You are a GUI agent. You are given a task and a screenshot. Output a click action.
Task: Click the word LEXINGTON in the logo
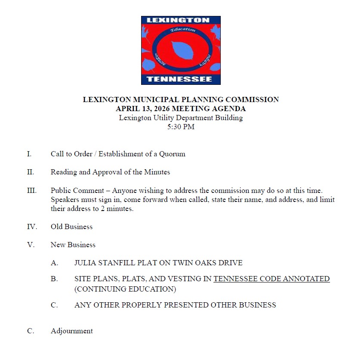181,20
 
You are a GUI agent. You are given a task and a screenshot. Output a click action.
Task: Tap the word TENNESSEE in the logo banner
181,79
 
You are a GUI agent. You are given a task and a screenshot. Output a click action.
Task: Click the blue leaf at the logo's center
180,50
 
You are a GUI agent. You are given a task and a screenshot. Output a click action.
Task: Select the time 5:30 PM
181,127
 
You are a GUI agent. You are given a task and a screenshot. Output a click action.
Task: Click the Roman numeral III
32,190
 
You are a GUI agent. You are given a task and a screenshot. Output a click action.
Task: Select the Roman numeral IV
32,227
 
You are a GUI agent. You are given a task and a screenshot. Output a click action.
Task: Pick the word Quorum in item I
172,154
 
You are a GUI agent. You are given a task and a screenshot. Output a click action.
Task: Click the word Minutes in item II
157,172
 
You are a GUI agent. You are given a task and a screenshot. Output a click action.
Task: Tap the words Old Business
71,227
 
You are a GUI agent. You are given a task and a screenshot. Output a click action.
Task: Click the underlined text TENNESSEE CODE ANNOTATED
272,279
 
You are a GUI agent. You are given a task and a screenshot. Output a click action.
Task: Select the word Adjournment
71,331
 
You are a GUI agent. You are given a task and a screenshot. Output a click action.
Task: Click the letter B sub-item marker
54,279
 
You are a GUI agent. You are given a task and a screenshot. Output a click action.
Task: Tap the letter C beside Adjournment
31,331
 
